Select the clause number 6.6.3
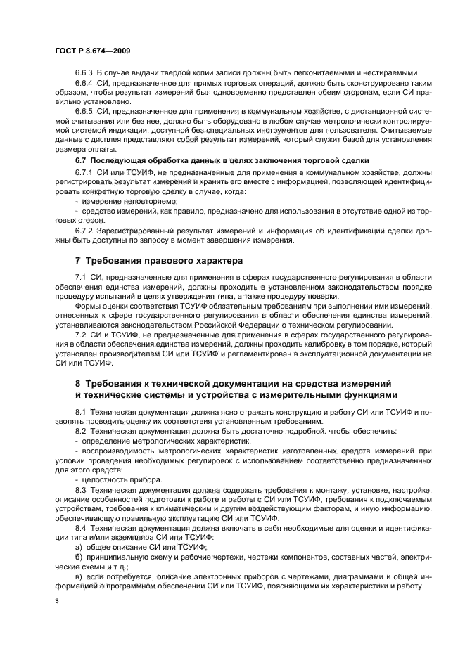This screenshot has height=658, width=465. [84, 72]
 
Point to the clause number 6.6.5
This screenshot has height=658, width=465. [84, 110]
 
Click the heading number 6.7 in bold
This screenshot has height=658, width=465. [81, 161]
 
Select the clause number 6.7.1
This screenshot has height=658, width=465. [84, 173]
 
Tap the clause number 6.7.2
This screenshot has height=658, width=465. [84, 230]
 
